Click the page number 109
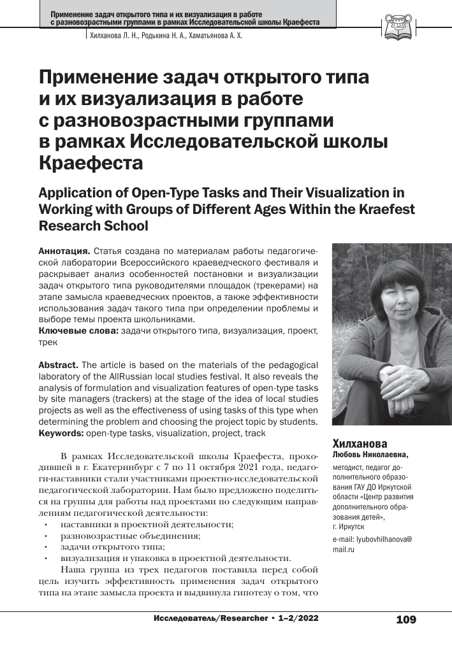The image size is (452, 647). click(405, 619)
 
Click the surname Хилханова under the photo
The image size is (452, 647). click(360, 443)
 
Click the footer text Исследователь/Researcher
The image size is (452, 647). click(210, 618)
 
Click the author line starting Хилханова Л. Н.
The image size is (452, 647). click(164, 36)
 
